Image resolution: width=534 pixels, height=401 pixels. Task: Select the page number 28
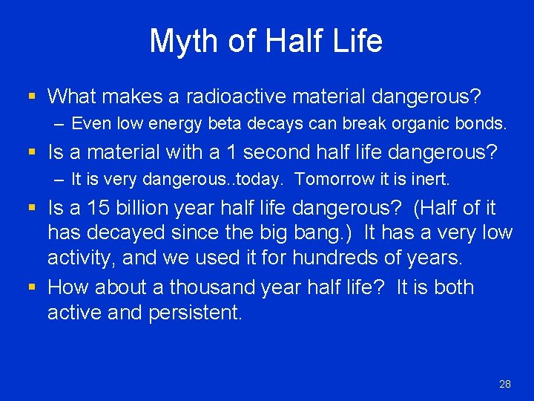point(505,384)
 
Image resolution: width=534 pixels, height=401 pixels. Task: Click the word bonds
point(482,123)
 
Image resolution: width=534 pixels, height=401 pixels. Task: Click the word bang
point(329,233)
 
